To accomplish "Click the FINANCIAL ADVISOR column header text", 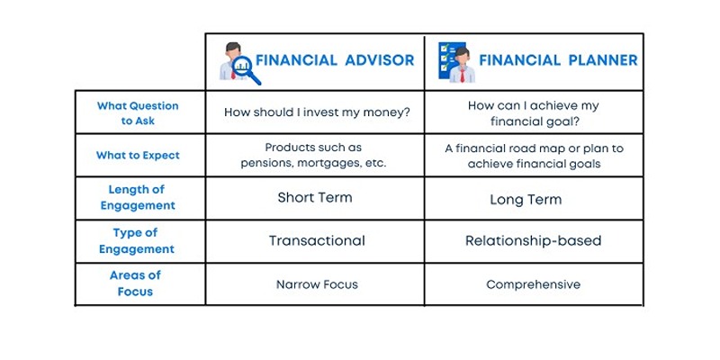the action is tap(335, 60).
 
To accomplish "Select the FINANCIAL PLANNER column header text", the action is tap(558, 60).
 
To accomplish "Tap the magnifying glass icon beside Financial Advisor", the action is tap(247, 70).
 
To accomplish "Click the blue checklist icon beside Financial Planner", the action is tap(446, 59).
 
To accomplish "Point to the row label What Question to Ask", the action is tap(138, 113).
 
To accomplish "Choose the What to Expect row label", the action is tap(138, 155).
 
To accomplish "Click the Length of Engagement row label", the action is tap(138, 197).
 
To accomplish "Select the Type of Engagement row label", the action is tap(137, 240).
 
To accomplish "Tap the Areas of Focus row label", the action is tap(135, 283).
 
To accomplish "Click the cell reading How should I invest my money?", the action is tap(317, 113).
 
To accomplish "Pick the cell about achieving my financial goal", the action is tap(533, 113).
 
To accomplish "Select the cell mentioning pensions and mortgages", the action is tap(313, 155).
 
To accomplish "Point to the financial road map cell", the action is tap(534, 156).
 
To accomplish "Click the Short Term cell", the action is tap(315, 198).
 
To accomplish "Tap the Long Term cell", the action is tap(526, 200).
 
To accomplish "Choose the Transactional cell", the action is tap(317, 240).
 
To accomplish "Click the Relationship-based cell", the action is tap(533, 241).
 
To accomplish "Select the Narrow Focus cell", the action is tap(317, 284).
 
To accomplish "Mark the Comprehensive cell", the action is tap(533, 285).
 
